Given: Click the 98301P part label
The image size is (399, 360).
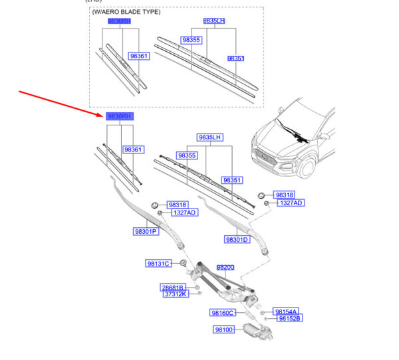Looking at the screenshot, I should point(145,232).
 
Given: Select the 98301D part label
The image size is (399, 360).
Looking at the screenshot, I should point(237,240).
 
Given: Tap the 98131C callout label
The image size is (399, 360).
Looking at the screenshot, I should point(159,264).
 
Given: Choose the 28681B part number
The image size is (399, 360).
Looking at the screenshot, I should point(172,288).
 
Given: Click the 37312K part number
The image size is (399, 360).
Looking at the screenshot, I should point(175,294).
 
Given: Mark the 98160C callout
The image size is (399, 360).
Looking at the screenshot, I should point(223,312).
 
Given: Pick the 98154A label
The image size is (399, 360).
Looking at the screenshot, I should point(287,312).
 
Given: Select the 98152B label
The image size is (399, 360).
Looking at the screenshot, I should point(289,319).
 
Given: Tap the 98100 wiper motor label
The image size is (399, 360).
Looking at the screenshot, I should point(223,329).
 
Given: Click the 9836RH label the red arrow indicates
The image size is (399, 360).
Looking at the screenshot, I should point(120,116).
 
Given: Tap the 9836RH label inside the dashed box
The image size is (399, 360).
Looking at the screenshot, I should point(120,22).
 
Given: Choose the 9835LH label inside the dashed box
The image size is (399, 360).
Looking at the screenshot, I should point(214,21).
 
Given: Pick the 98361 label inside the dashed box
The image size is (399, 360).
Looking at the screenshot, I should point(139,56).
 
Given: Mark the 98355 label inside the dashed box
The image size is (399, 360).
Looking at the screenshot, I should point(191,40).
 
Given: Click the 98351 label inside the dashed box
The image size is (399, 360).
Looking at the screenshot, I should point(236,58).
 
